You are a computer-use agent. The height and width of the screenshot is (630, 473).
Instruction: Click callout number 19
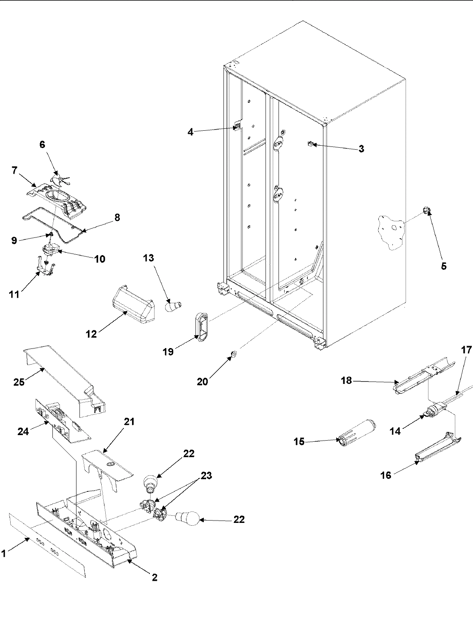pos(168,351)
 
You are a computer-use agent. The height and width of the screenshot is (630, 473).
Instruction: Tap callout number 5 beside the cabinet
pos(443,266)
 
